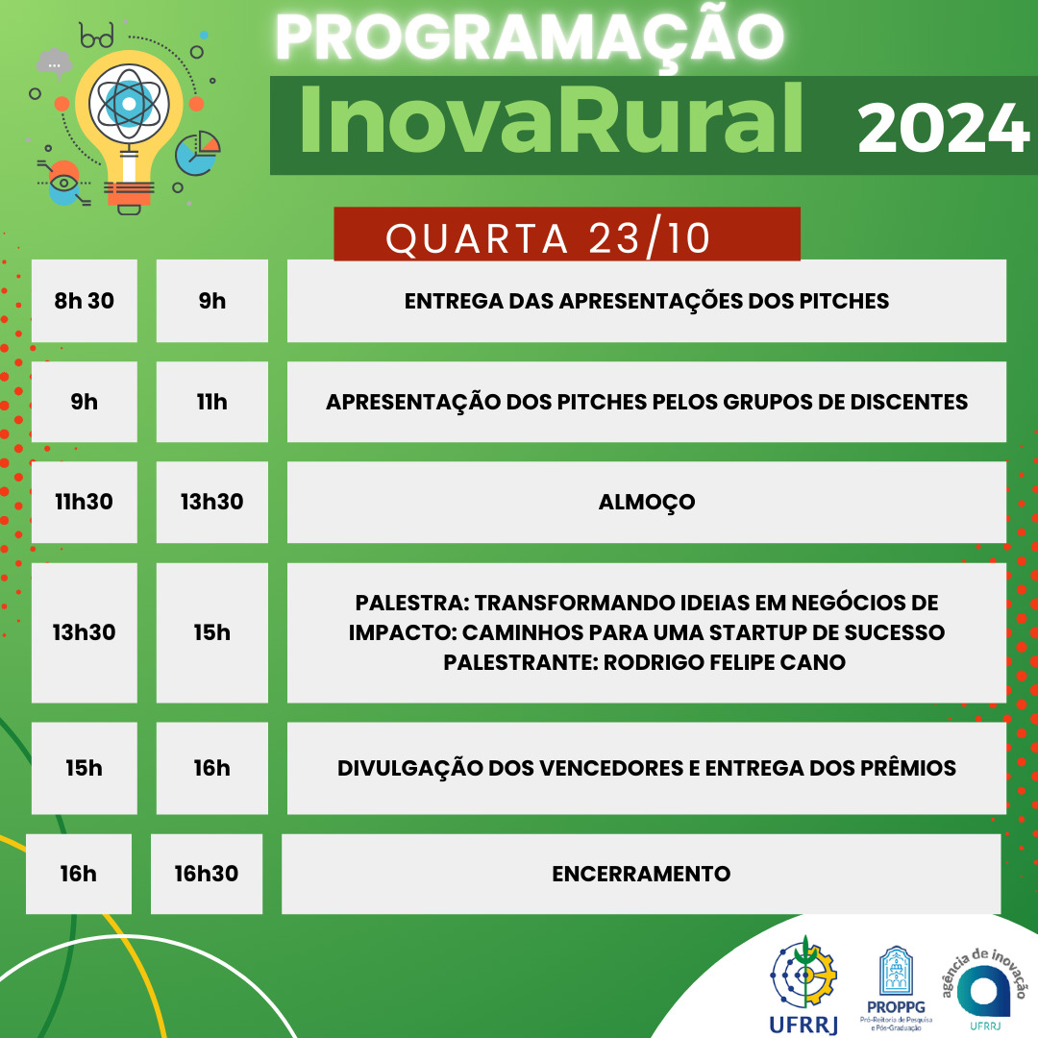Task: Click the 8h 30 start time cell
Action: click(x=84, y=301)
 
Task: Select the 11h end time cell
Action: click(x=211, y=402)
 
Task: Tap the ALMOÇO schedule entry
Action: click(x=647, y=502)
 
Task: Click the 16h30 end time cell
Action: click(x=207, y=874)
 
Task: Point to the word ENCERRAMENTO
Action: click(x=641, y=874)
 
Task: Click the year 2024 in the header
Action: click(x=944, y=129)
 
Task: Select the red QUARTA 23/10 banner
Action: click(x=567, y=235)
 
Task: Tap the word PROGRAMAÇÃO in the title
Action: click(x=530, y=37)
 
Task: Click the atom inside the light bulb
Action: click(x=129, y=104)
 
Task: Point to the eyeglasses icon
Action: click(x=97, y=36)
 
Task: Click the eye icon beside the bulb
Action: click(x=63, y=183)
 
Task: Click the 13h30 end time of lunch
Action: click(x=211, y=502)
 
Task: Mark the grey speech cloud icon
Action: click(x=54, y=63)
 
